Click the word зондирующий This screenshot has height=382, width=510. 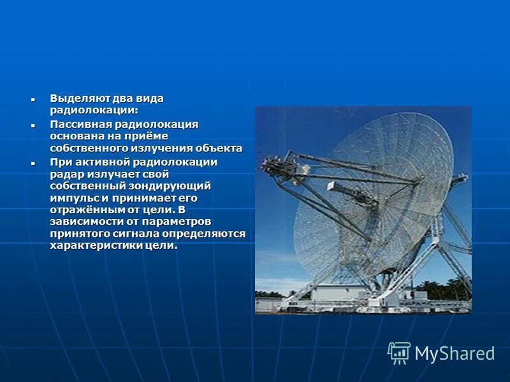pyautogui.click(x=170, y=186)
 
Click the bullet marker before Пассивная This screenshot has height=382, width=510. pyautogui.click(x=32, y=125)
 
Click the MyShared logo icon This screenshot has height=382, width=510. pyautogui.click(x=399, y=353)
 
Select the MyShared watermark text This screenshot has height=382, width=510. pyautogui.click(x=454, y=353)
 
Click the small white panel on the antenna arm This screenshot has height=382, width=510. pyautogui.click(x=331, y=187)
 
